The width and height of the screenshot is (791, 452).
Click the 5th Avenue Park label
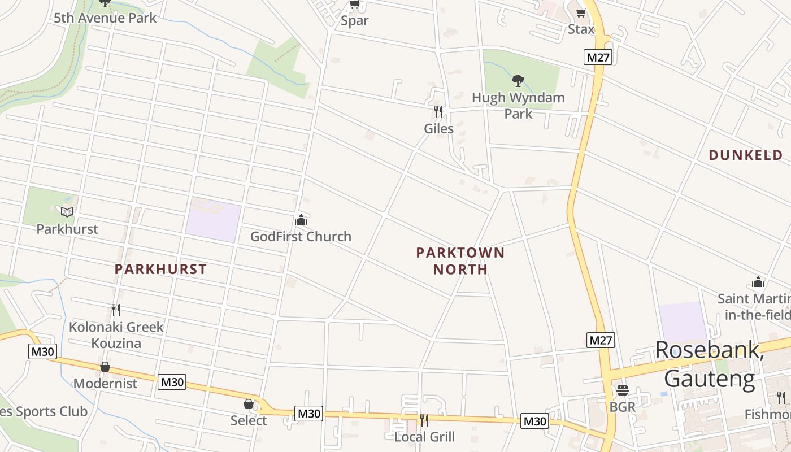tap(105, 18)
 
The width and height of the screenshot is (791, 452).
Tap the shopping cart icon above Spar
tap(354, 5)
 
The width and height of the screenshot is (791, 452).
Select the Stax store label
tap(581, 29)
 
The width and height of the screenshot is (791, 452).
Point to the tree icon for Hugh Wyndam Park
tap(518, 81)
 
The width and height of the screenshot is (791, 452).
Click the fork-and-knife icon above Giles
tap(438, 111)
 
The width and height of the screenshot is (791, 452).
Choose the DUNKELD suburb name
tap(746, 155)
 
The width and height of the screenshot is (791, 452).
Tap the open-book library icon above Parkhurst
tap(67, 212)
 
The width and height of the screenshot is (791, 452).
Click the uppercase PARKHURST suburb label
tap(160, 269)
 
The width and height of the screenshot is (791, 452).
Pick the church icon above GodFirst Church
tap(301, 219)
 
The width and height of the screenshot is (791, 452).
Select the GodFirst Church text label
tap(301, 236)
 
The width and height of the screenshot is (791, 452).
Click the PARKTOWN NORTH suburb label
tap(460, 260)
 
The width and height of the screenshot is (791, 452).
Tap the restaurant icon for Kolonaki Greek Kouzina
tap(116, 310)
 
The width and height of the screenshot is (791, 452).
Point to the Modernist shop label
tap(105, 383)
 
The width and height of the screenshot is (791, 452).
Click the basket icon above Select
tap(249, 403)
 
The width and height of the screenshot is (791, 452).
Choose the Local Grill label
tap(424, 437)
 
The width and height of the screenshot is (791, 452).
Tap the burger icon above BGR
tap(623, 390)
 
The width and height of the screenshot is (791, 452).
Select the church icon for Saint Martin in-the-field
tap(758, 281)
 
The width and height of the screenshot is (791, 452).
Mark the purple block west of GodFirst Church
tap(214, 220)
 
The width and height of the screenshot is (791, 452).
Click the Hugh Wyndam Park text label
tap(518, 105)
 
